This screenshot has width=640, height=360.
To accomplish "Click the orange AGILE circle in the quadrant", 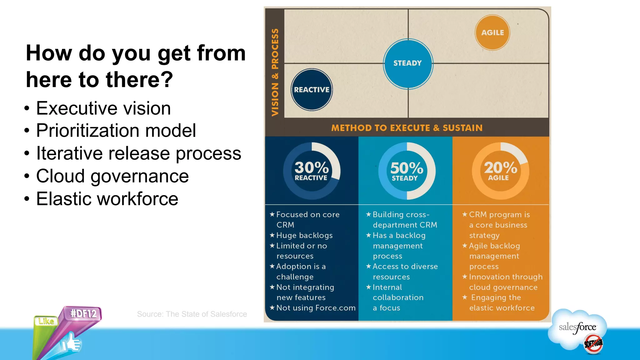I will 492,32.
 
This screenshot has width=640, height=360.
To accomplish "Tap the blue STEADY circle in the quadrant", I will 408,63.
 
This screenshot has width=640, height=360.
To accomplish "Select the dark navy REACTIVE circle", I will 312,90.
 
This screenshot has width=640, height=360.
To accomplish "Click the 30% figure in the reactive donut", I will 312,168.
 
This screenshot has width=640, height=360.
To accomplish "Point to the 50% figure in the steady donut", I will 407,168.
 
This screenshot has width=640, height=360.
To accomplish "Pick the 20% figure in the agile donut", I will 500,168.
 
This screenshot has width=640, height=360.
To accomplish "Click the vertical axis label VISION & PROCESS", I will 275,72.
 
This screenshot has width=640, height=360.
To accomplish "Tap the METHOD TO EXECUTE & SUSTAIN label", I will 407,128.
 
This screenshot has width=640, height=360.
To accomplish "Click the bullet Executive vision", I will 103,108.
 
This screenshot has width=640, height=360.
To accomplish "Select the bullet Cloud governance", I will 112,176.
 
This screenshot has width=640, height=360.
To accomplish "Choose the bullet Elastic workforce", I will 107,199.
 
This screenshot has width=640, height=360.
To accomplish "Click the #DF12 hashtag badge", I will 83,313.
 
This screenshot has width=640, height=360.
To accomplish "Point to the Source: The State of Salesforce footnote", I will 192,314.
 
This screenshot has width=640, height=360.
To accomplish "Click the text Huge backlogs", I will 304,235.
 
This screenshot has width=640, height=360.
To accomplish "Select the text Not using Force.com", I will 316,308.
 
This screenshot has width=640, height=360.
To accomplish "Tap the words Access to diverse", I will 405,267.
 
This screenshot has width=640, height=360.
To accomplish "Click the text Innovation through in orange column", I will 505,277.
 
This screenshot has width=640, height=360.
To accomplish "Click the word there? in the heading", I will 139,80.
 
